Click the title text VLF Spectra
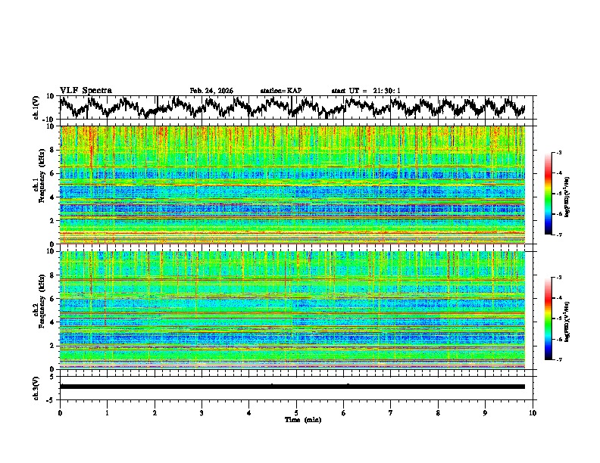[86, 91]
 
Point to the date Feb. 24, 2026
[211, 91]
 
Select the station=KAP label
[281, 91]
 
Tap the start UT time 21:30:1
[366, 91]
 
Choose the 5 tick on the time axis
[296, 412]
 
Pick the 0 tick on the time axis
[60, 412]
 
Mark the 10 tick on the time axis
[533, 412]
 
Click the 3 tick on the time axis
[202, 412]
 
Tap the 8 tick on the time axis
[438, 412]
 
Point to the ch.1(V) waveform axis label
[37, 107]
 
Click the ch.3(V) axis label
[37, 386]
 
